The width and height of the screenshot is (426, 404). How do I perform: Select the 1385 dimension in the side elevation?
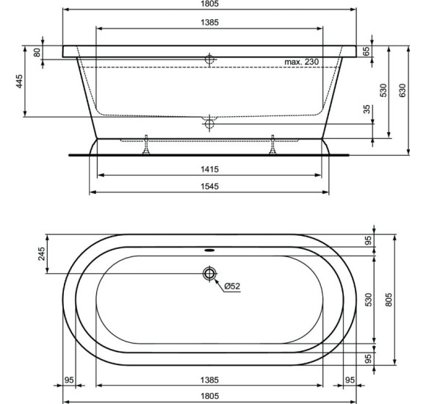209,22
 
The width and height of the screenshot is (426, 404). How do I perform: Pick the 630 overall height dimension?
402,90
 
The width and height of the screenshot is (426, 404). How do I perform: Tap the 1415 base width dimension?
209,169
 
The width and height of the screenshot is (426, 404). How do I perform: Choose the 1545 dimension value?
209,187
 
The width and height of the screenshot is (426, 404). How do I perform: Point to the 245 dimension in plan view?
41,253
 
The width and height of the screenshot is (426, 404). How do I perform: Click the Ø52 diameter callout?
232,286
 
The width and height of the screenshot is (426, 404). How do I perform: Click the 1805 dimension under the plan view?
209,397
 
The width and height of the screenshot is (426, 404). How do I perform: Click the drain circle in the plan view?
209,274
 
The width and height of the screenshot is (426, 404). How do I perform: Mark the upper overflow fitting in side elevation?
209,59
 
